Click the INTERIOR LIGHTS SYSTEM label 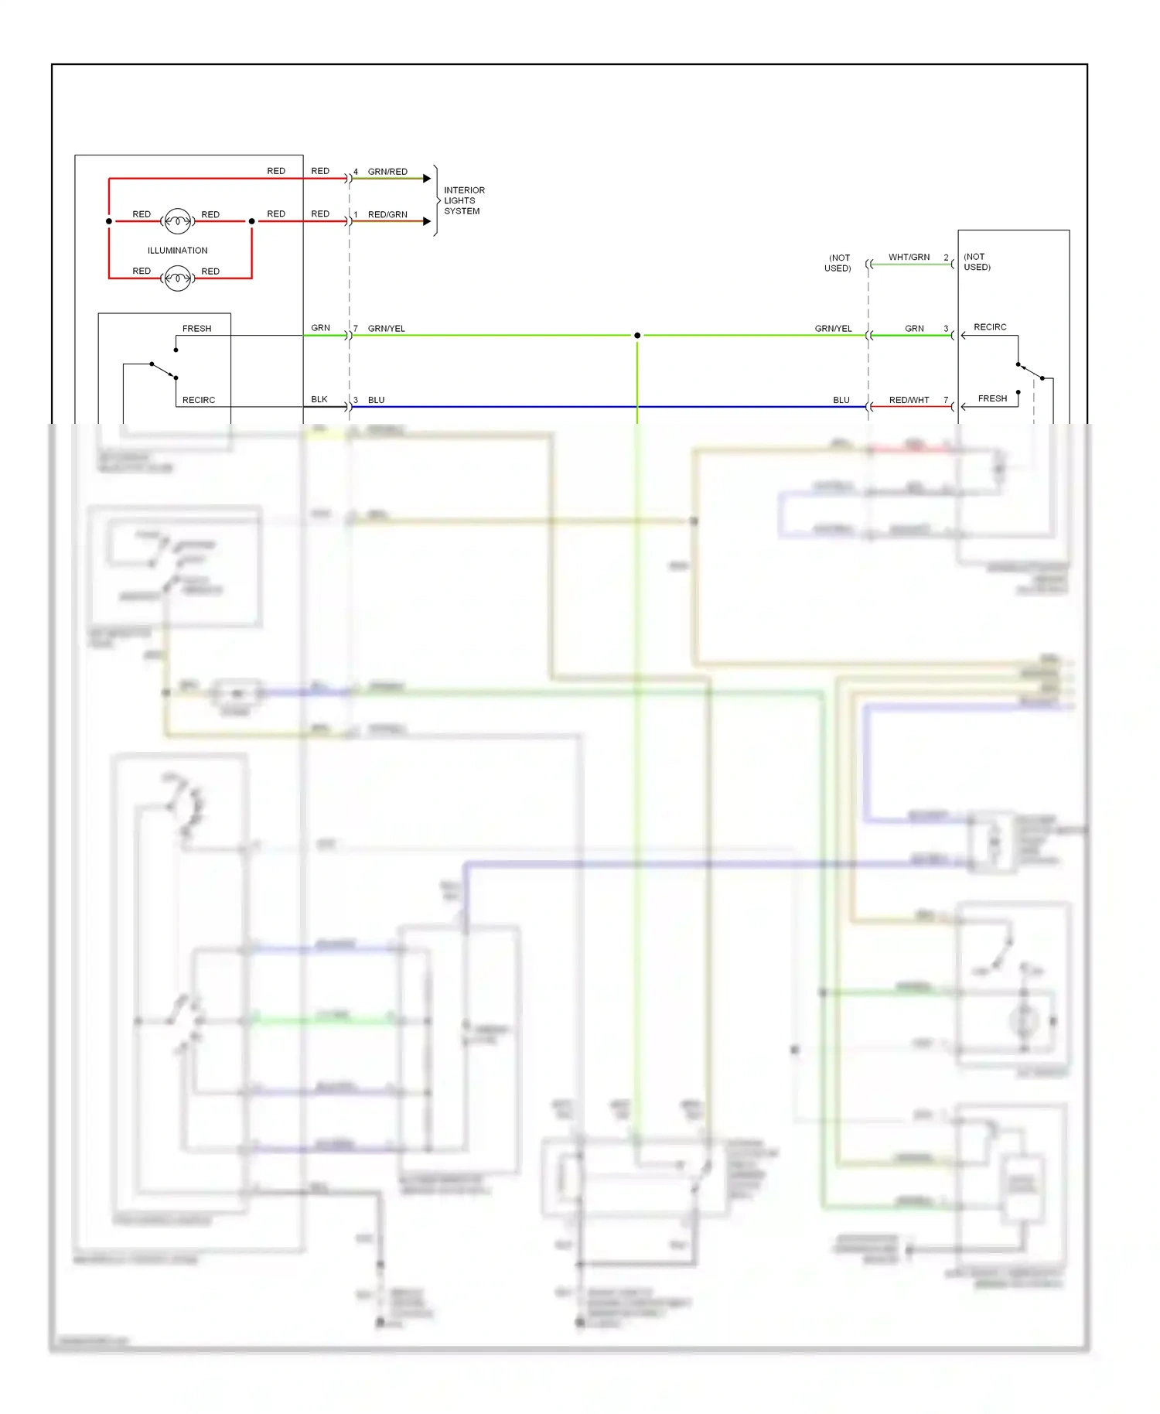coord(463,200)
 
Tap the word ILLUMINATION coord(177,251)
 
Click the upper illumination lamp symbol coord(178,221)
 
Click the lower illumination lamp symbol coord(178,278)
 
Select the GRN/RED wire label coord(387,172)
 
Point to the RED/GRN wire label coord(387,215)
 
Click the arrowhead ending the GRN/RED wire coord(427,179)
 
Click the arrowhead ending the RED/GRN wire coord(427,221)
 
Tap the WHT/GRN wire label coord(909,258)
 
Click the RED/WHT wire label coord(909,400)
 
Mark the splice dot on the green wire coord(637,336)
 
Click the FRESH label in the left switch coord(196,329)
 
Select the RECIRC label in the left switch coord(199,400)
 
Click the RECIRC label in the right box coord(990,327)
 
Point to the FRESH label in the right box coord(992,399)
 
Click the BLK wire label coord(319,400)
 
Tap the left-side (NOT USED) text coord(838,263)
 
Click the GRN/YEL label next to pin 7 coord(387,329)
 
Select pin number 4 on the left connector coord(356,172)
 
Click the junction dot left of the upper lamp coord(109,221)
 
